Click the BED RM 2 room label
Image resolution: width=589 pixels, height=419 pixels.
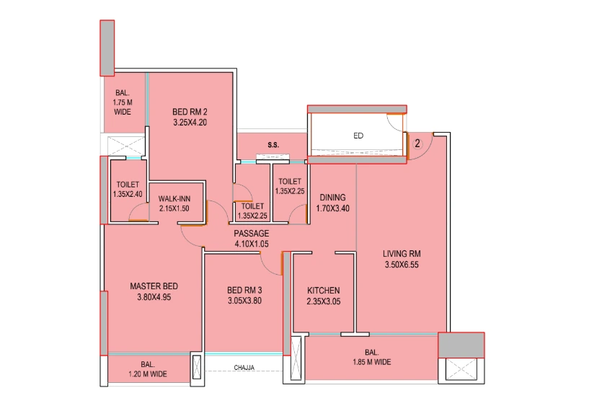point(190,112)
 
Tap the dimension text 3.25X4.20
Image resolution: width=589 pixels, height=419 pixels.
point(190,123)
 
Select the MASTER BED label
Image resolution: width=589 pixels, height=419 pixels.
point(154,286)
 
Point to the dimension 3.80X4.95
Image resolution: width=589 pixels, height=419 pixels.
point(154,297)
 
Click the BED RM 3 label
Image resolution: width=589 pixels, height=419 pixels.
point(244,291)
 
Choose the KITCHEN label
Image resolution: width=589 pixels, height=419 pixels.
point(323,291)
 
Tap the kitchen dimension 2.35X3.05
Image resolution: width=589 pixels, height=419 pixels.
point(323,301)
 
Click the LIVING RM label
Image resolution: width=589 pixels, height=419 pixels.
point(402,254)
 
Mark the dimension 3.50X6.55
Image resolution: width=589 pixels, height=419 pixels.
point(402,265)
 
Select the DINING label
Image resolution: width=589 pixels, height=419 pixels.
point(332,198)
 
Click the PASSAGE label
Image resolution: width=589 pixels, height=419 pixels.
point(252,234)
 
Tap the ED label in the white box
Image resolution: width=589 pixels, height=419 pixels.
point(358,135)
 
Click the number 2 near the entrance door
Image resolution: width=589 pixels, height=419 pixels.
point(417,144)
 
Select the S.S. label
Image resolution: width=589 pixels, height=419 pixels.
point(273,146)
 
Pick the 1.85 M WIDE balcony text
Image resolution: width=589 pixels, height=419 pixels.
point(372,362)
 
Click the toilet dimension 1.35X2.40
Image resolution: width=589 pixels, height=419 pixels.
point(127,194)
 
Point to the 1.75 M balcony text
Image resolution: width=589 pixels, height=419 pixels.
point(122,103)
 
